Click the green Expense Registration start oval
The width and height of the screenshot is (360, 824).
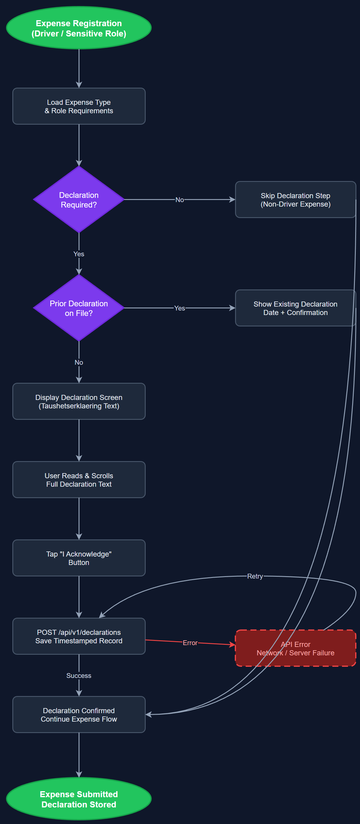click(79, 28)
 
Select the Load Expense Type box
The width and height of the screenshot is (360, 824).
click(79, 106)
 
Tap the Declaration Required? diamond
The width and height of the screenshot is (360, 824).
click(79, 200)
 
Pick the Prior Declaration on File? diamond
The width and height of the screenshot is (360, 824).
click(79, 308)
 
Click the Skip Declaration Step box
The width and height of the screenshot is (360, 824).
click(295, 200)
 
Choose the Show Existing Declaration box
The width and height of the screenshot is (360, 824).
click(295, 308)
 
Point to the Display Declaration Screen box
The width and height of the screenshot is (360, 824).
click(79, 401)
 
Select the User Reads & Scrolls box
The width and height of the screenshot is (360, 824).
click(79, 479)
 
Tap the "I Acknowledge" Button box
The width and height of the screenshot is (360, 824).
click(79, 558)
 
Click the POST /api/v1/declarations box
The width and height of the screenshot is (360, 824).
click(79, 636)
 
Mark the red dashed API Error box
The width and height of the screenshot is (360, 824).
click(295, 648)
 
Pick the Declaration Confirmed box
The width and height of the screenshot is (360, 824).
click(79, 715)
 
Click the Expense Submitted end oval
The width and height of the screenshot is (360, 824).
click(79, 799)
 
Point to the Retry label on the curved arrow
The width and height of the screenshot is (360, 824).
click(255, 576)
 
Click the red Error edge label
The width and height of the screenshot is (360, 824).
click(190, 643)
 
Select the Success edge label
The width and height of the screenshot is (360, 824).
click(79, 676)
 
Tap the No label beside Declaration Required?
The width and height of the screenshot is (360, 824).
click(179, 200)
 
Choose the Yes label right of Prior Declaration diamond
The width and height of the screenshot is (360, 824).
click(179, 308)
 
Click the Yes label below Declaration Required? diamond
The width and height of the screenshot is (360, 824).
click(79, 254)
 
